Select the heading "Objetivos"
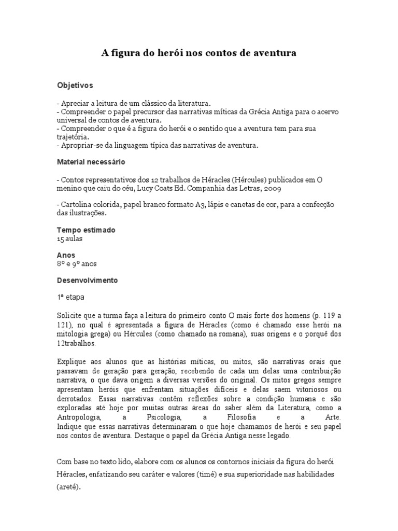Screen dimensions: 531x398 coord(75,85)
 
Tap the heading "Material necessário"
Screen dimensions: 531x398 coord(91,162)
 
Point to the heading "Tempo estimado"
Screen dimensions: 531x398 coord(86,230)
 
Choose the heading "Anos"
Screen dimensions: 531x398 coord(66,255)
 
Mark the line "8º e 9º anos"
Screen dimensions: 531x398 coord(77,263)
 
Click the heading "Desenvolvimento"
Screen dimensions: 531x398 coord(87,280)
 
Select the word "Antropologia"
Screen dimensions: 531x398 coord(79,416)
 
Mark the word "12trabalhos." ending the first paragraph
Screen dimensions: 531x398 coord(77,344)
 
